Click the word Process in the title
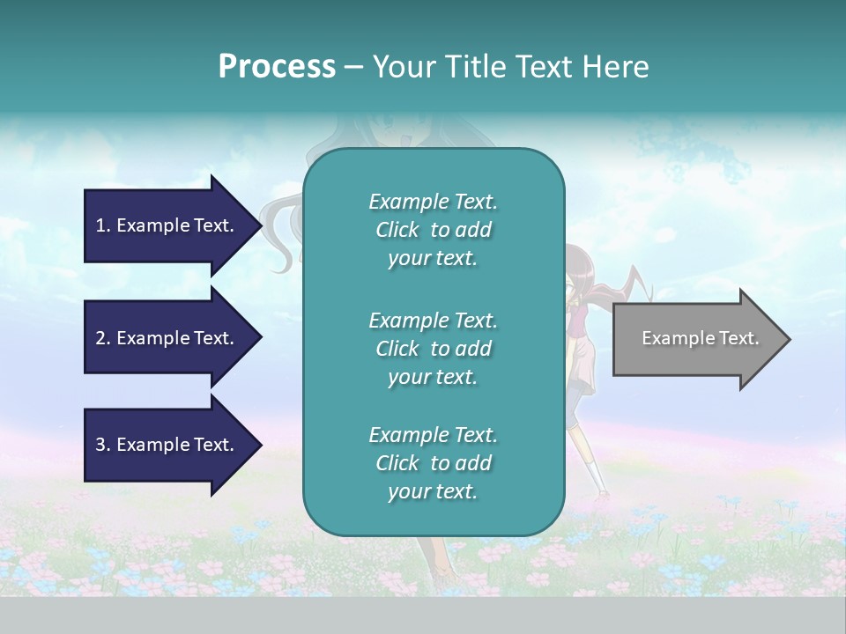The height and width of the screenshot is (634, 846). click(x=277, y=67)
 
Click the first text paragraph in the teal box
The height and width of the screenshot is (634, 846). click(x=433, y=230)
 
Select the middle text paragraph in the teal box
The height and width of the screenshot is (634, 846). click(x=433, y=349)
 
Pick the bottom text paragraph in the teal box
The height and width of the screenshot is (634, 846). click(x=433, y=463)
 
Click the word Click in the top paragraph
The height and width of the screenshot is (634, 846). click(x=397, y=230)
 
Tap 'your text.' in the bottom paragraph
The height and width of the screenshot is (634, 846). click(x=433, y=491)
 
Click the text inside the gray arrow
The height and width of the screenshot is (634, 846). click(x=701, y=338)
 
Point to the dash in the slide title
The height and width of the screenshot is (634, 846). click(x=353, y=67)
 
